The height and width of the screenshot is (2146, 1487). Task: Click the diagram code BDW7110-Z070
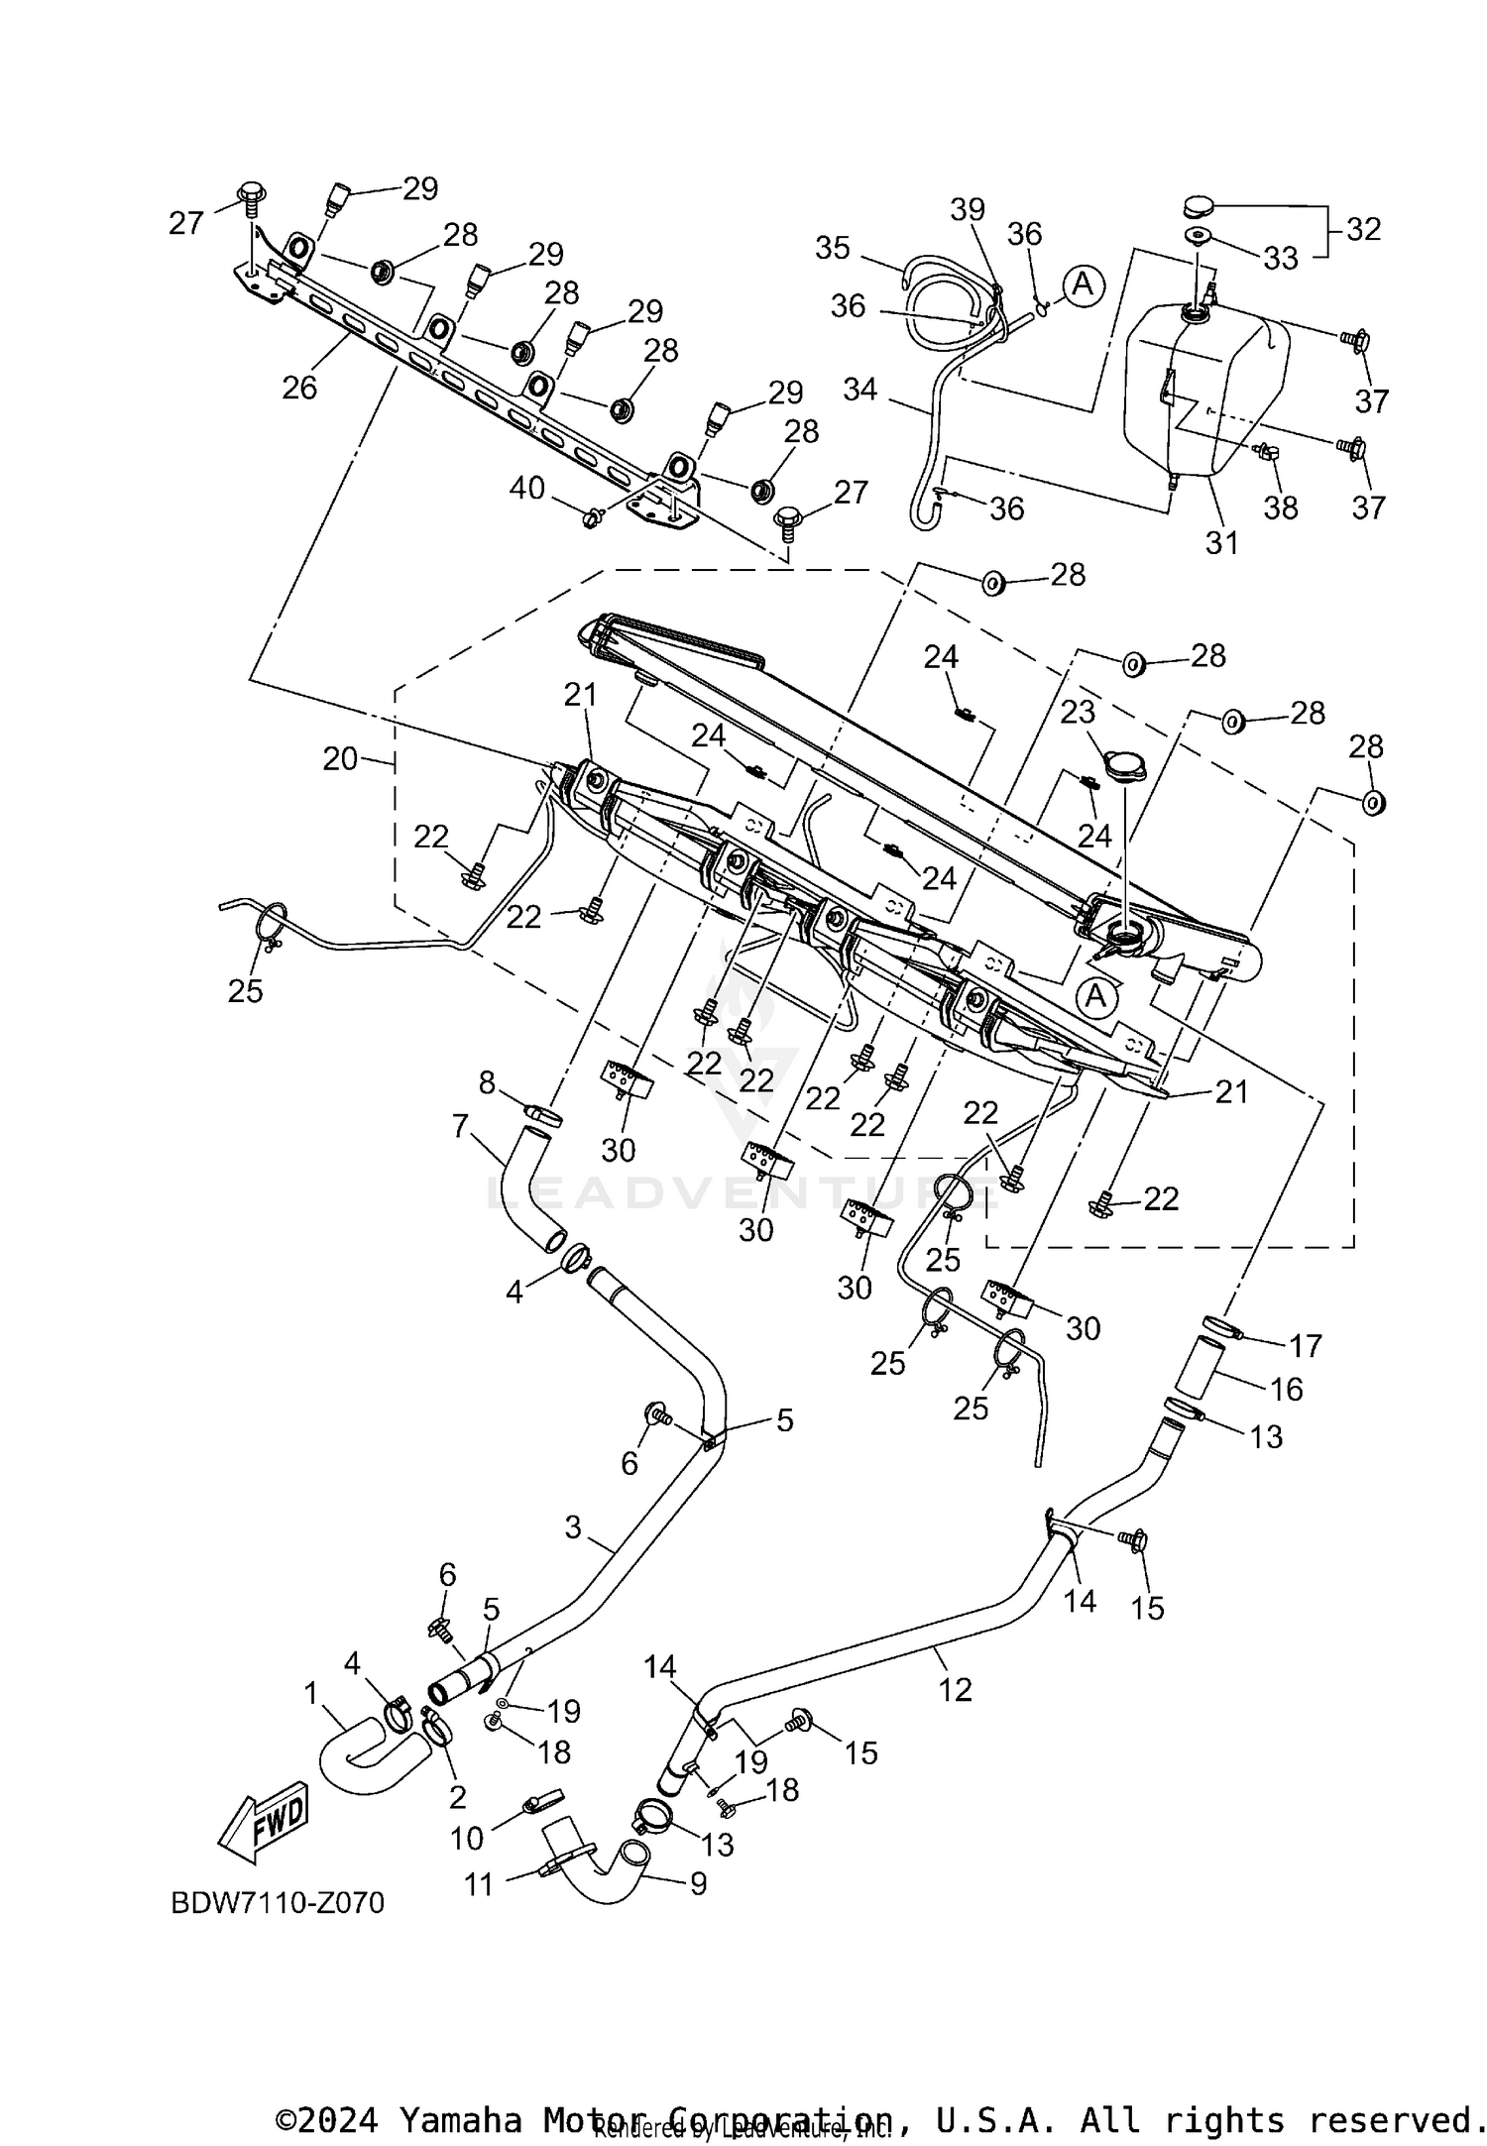(278, 1903)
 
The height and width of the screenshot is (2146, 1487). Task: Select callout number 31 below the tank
(1221, 542)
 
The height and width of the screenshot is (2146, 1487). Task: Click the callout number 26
(299, 387)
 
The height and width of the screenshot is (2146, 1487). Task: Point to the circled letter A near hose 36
(1084, 284)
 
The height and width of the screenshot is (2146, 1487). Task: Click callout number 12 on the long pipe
(956, 1689)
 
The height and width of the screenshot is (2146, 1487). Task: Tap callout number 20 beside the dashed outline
(339, 759)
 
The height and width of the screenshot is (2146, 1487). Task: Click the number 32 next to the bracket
(1363, 229)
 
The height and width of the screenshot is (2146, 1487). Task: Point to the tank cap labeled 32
(1199, 208)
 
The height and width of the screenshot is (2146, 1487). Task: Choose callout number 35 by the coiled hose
(833, 248)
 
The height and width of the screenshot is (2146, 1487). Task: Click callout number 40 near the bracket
(527, 488)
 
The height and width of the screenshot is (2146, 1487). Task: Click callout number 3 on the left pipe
(573, 1527)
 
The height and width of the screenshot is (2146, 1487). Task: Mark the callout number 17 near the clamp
(1306, 1345)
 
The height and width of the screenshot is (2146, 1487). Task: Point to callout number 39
(968, 209)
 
